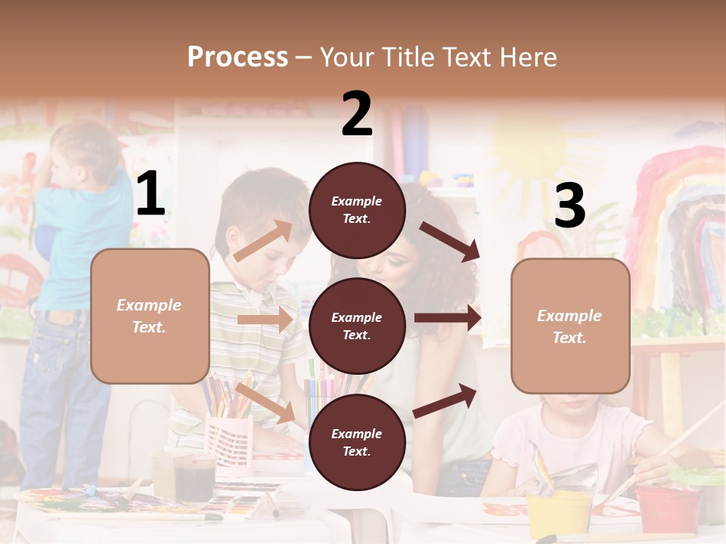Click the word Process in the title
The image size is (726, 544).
(x=237, y=57)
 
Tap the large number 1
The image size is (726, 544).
(x=150, y=194)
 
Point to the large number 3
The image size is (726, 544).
(x=569, y=206)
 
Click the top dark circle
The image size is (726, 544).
(x=357, y=210)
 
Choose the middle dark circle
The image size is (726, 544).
(x=357, y=326)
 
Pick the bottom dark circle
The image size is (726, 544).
(x=357, y=442)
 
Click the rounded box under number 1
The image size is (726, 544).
(x=150, y=316)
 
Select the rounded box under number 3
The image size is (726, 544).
(x=570, y=326)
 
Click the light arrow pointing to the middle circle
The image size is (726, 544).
(x=265, y=320)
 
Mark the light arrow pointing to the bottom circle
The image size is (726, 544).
(x=265, y=403)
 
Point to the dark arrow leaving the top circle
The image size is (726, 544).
(x=449, y=241)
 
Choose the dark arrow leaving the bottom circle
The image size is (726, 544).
(x=445, y=400)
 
